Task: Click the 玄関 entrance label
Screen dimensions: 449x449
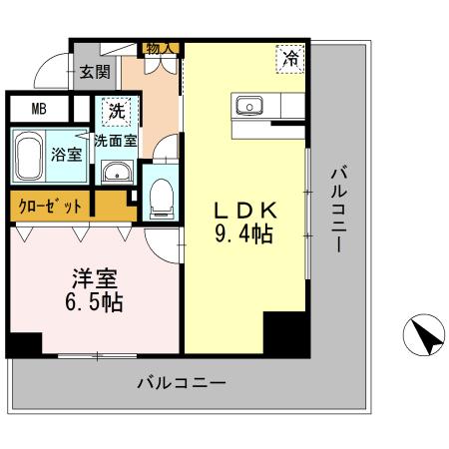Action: pyautogui.click(x=95, y=71)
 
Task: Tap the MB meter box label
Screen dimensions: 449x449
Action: pyautogui.click(x=38, y=109)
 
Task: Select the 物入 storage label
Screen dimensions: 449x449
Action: pyautogui.click(x=161, y=47)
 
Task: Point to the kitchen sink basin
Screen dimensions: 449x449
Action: pyautogui.click(x=246, y=105)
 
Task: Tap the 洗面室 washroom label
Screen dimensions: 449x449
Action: pyautogui.click(x=115, y=141)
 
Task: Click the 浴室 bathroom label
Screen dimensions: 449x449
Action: pyautogui.click(x=66, y=155)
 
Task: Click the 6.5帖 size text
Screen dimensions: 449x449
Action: pyautogui.click(x=90, y=303)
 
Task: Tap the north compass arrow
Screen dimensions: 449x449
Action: pyautogui.click(x=424, y=334)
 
